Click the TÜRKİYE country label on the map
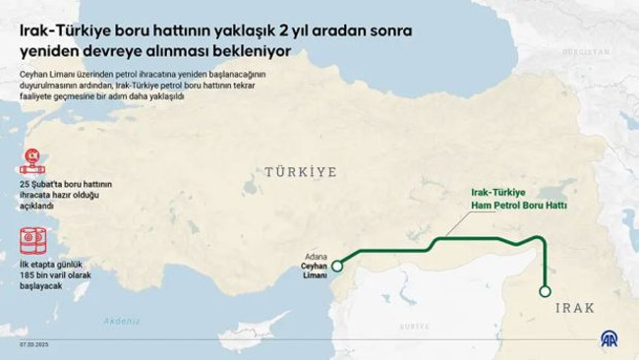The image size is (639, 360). (300, 172)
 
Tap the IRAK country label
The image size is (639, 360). (575, 308)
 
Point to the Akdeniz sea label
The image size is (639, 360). (121, 321)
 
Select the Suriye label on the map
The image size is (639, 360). (413, 326)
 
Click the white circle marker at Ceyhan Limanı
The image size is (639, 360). (337, 266)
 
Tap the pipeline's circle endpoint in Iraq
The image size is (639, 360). (546, 290)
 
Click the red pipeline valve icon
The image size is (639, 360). (32, 160)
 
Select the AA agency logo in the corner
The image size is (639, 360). (610, 338)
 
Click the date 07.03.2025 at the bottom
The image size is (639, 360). (34, 344)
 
